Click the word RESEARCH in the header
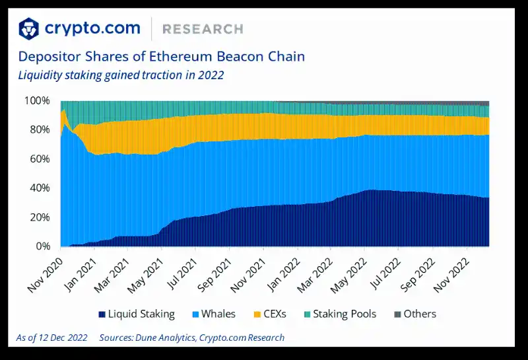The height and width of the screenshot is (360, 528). pos(203,29)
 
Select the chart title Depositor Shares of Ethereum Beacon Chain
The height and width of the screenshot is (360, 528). pos(161,56)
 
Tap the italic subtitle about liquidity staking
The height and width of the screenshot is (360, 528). pos(121,75)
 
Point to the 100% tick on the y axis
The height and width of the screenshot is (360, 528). pos(37,101)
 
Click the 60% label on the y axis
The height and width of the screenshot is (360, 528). pos(39,159)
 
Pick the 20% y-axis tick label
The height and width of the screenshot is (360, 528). pos(39,217)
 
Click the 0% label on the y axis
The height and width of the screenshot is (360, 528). pos(42,246)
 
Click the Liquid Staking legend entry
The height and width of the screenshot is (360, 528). pos(137,314)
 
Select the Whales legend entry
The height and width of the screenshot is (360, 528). pos(214,314)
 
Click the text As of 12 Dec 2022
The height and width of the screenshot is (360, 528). pos(51,338)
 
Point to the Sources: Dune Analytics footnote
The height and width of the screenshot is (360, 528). pos(191,338)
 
